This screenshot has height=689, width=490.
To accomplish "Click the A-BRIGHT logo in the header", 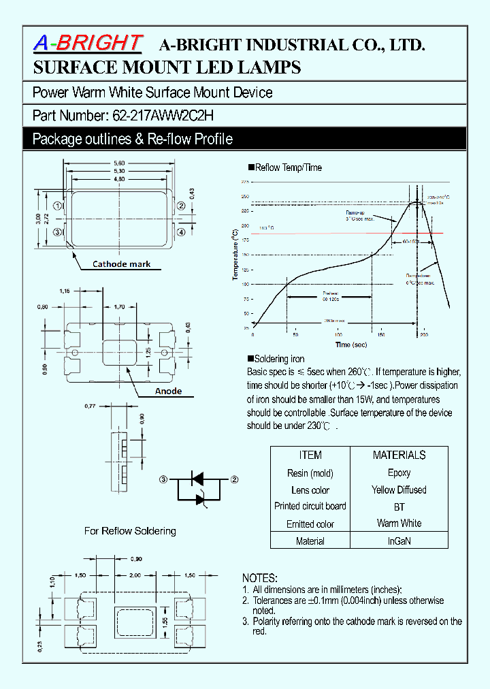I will pyautogui.click(x=88, y=44).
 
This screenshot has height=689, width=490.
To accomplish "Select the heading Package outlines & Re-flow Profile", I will pyautogui.click(x=133, y=139).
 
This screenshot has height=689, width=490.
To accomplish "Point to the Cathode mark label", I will pyautogui.click(x=121, y=264).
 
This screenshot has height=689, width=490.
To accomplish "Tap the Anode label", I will pyautogui.click(x=168, y=391).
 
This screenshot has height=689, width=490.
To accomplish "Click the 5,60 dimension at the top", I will pyautogui.click(x=119, y=163).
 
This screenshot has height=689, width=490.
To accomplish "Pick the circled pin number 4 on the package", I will pyautogui.click(x=181, y=232).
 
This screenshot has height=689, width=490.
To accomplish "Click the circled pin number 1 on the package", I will pyautogui.click(x=59, y=205).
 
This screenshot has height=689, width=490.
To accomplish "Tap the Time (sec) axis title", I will pyautogui.click(x=353, y=345).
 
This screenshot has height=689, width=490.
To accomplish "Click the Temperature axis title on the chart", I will pyautogui.click(x=235, y=255).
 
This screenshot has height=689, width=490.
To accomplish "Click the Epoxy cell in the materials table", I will pyautogui.click(x=399, y=472).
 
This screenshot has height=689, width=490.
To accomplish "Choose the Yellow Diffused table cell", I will pyautogui.click(x=399, y=490).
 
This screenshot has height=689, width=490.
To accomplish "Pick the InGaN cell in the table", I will pyautogui.click(x=399, y=541).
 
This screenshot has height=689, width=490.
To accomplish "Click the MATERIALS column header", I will pyautogui.click(x=399, y=455).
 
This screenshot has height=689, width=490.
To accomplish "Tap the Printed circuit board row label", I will pyautogui.click(x=310, y=506).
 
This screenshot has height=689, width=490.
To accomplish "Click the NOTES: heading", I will pyautogui.click(x=259, y=576).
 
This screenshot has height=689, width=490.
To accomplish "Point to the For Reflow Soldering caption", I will pyautogui.click(x=130, y=531).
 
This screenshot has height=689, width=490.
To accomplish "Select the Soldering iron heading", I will pyautogui.click(x=279, y=359).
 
